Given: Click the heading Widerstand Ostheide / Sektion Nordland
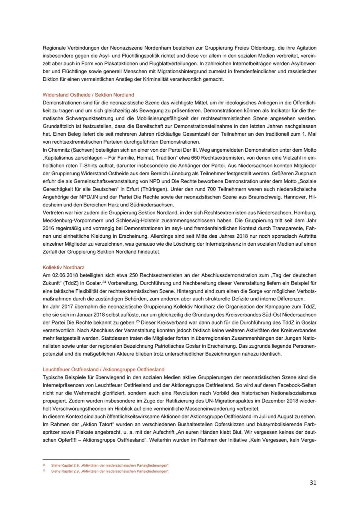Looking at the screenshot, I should pos(88,95).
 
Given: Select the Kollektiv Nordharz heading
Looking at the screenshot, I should pos(63,267).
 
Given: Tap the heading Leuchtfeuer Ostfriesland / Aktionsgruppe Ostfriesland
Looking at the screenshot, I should pos(103,369).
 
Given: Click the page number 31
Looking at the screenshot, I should pos(313,483).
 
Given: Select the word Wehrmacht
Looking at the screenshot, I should pos(77,393).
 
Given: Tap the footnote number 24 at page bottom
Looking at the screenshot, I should pos(44,465).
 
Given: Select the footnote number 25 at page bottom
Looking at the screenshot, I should pos(44,471).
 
